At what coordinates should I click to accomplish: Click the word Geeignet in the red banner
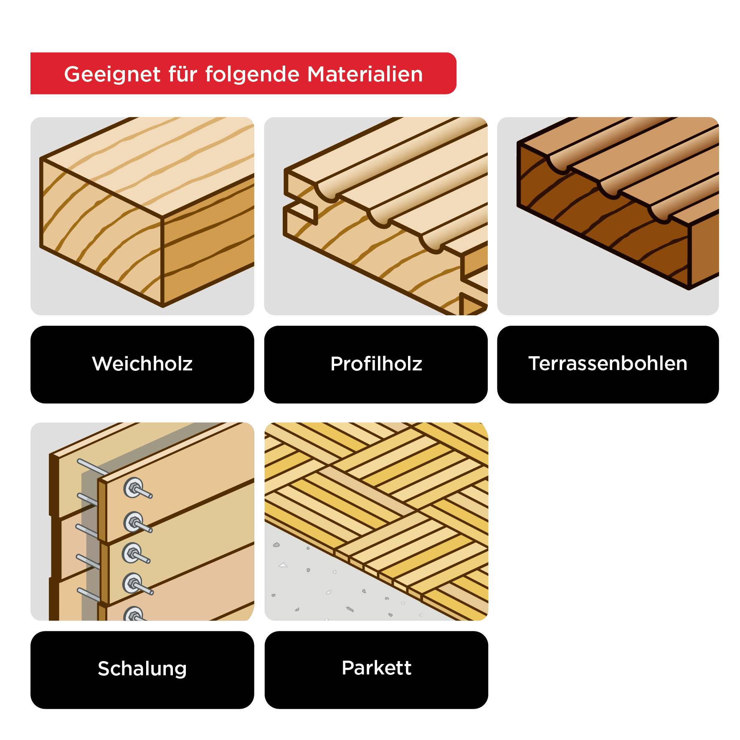click(112, 74)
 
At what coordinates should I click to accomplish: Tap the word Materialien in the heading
click(365, 74)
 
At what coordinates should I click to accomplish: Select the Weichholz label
click(142, 364)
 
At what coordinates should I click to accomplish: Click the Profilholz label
click(376, 364)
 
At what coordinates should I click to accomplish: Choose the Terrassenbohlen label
click(608, 364)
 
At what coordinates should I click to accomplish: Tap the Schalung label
click(142, 669)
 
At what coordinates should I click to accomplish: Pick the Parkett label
click(376, 668)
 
